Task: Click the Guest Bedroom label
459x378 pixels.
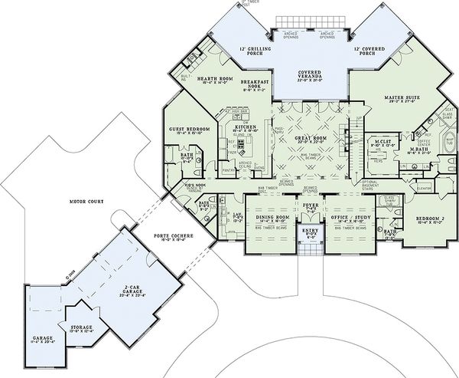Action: pos(186,129)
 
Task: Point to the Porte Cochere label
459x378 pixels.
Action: pos(171,235)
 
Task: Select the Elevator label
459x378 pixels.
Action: pos(425,188)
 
